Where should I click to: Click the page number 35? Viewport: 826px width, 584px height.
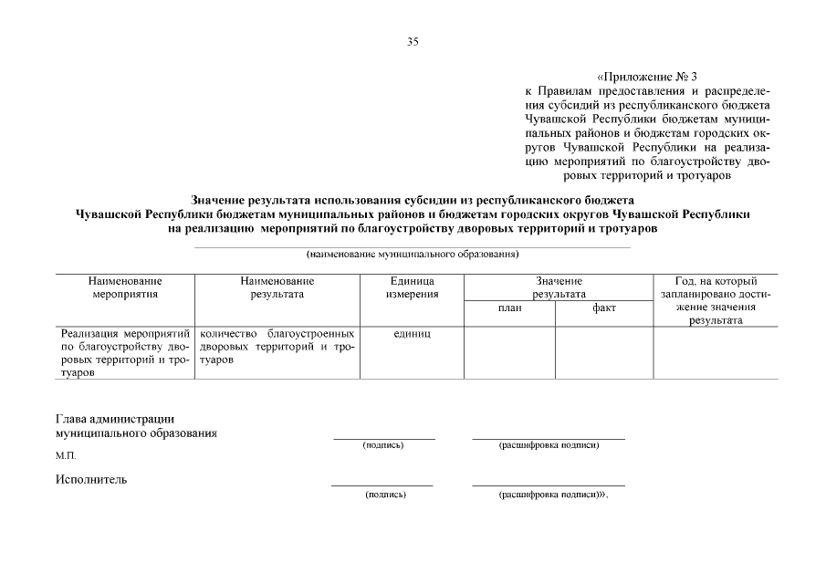(x=413, y=41)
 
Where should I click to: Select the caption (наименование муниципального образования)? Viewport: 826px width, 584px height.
(x=413, y=254)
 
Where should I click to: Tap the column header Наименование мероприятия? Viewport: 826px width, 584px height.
(x=126, y=287)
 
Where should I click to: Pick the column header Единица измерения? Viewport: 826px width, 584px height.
(x=412, y=287)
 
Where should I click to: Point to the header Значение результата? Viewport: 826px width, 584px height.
(x=559, y=287)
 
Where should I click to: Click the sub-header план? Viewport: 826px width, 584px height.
(x=509, y=308)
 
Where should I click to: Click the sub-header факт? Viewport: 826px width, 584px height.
(x=603, y=308)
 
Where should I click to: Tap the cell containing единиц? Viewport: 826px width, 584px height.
(x=412, y=334)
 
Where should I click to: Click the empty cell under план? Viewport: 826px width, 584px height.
(x=509, y=352)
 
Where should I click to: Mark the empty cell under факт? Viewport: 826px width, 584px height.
(x=603, y=352)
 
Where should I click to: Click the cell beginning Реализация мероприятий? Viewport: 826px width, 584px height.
(x=125, y=353)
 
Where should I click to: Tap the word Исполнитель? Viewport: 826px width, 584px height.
(x=90, y=479)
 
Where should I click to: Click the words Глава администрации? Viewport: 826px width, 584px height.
(x=114, y=419)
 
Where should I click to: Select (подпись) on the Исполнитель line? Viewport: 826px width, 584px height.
(x=384, y=494)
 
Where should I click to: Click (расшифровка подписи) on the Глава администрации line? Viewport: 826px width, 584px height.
(x=549, y=445)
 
